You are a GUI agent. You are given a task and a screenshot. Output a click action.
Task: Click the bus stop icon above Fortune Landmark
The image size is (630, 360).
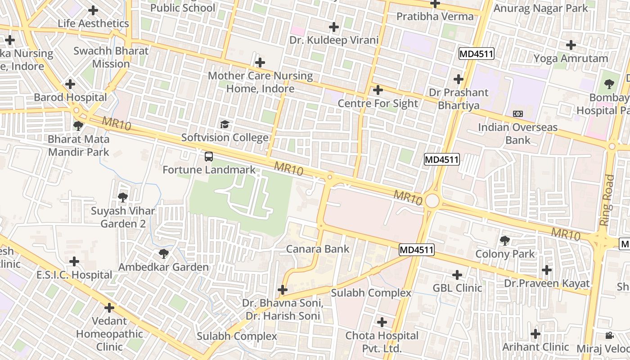tap(208, 157)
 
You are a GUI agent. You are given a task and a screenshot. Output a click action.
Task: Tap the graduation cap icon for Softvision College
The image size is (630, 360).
tap(224, 124)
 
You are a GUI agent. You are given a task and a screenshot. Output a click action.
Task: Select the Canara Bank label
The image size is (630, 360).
tap(318, 249)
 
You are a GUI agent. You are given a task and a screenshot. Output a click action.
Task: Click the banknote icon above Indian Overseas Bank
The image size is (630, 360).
tap(517, 114)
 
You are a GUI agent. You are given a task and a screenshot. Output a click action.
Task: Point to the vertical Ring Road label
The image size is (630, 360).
tap(607, 200)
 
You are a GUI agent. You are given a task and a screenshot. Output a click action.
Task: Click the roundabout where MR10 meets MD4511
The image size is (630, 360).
tap(432, 201)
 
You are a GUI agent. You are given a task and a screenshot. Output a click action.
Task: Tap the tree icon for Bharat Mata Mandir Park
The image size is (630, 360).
tap(78, 126)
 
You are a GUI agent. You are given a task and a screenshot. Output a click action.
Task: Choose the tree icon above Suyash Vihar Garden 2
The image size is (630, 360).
tap(122, 197)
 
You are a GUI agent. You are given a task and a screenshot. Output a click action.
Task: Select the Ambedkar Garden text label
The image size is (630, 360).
tap(163, 267)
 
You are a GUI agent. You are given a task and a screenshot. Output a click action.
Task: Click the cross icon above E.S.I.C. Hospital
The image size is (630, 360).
tap(74, 261)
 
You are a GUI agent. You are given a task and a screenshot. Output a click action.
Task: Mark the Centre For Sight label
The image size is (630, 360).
tap(378, 103)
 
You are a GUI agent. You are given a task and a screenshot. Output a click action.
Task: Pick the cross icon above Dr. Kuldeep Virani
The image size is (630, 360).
tap(333, 27)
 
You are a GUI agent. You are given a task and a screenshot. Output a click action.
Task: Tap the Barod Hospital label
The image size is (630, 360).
tap(71, 97)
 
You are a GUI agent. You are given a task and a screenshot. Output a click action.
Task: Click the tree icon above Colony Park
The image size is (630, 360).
tap(505, 241)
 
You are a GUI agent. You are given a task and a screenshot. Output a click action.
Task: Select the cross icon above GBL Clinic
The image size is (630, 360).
tap(457, 274)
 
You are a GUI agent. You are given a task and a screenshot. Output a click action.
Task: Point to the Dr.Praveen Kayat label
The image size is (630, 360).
tap(547, 283)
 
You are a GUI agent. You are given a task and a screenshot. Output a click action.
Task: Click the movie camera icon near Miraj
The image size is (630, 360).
tap(609, 335)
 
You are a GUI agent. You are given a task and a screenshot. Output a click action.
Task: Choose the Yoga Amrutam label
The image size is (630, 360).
tap(571, 58)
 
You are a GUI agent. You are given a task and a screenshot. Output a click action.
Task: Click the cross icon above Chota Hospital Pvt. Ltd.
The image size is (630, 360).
tap(382, 322)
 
